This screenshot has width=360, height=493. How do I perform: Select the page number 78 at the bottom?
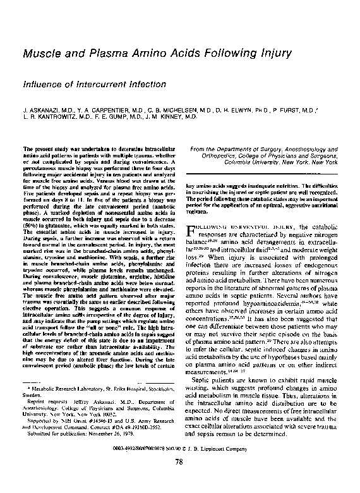pyautogui.click(x=180, y=479)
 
